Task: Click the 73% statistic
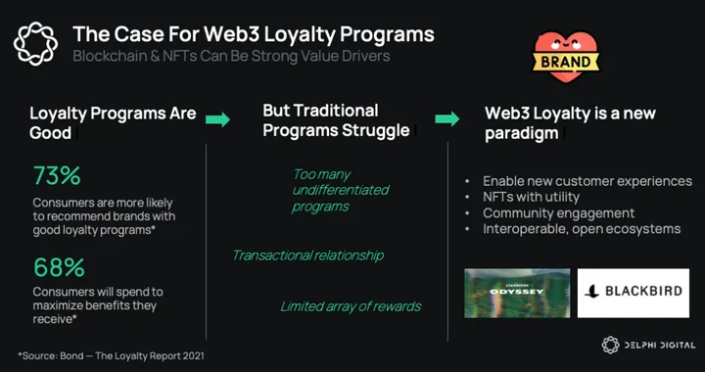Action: tap(57, 176)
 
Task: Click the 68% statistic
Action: tap(59, 268)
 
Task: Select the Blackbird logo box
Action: tap(634, 293)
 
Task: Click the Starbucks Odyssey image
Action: tap(517, 293)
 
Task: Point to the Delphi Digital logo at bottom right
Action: tap(648, 345)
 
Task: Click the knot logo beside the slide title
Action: tap(35, 44)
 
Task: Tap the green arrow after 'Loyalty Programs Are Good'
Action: tap(218, 120)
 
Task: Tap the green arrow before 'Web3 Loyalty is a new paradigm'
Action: tap(447, 119)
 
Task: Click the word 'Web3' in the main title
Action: tap(233, 34)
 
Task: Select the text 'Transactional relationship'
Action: tap(308, 256)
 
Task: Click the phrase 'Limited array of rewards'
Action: tap(351, 306)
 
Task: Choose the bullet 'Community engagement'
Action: tap(559, 213)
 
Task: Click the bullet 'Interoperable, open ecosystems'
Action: tap(582, 229)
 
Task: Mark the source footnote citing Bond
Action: tap(111, 356)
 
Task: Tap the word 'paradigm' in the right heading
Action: tap(522, 133)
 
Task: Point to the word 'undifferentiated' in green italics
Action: tap(341, 190)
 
